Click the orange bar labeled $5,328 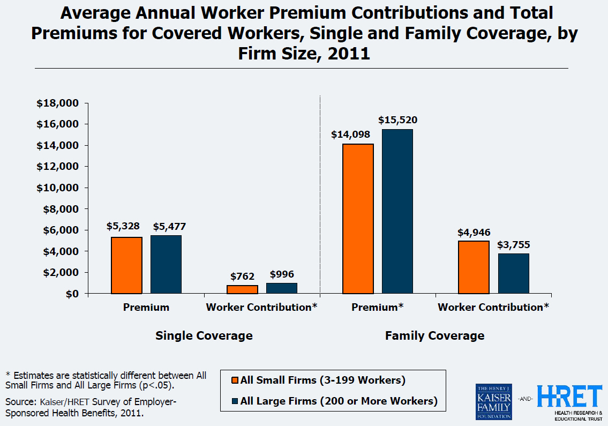pyautogui.click(x=127, y=265)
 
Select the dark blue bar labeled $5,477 pyautogui.click(x=166, y=264)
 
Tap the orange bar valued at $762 pyautogui.click(x=242, y=289)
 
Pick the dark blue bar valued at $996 pyautogui.click(x=282, y=288)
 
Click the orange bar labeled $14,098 pyautogui.click(x=358, y=219)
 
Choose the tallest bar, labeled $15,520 pyautogui.click(x=397, y=211)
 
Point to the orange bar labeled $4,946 pyautogui.click(x=474, y=267)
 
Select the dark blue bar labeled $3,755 pyautogui.click(x=513, y=273)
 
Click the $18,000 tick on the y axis pyautogui.click(x=57, y=103)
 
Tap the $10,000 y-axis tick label pyautogui.click(x=57, y=188)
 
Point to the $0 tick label pyautogui.click(x=71, y=294)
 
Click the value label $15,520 pyautogui.click(x=397, y=120)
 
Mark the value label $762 pyautogui.click(x=242, y=276)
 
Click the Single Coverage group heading pyautogui.click(x=204, y=336)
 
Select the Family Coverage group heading pyautogui.click(x=434, y=336)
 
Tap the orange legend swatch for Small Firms pyautogui.click(x=235, y=380)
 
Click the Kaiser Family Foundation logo pyautogui.click(x=493, y=401)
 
